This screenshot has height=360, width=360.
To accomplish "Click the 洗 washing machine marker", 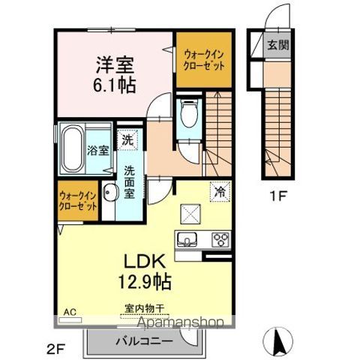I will (x=128, y=139).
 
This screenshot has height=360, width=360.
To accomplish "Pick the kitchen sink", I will (x=186, y=241).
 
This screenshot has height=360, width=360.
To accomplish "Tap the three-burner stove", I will (x=221, y=241).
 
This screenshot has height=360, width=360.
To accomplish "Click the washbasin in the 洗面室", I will (x=109, y=193).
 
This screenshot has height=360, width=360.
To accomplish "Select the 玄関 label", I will (x=277, y=45).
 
